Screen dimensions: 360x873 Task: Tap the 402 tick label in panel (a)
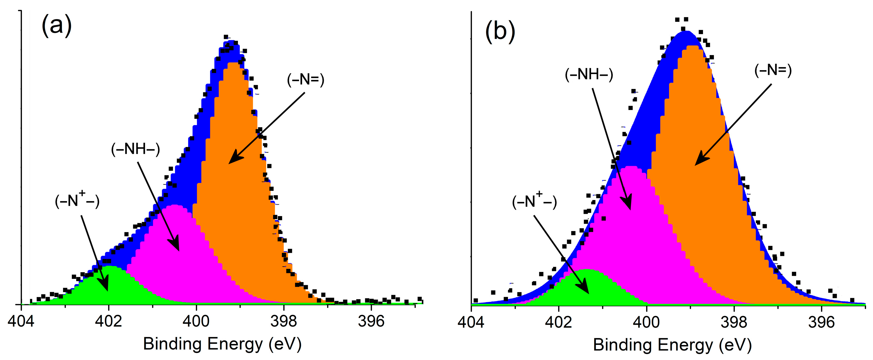pyautogui.click(x=109, y=321)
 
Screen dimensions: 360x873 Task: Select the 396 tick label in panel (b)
pyautogui.click(x=821, y=322)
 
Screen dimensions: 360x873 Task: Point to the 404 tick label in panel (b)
pyautogui.click(x=471, y=322)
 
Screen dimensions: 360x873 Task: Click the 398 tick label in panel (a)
pyautogui.click(x=284, y=321)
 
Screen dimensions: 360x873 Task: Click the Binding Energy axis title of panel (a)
pyautogui.click(x=222, y=344)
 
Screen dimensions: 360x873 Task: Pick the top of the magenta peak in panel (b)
pyautogui.click(x=632, y=167)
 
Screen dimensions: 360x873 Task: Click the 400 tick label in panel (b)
pyautogui.click(x=646, y=322)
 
